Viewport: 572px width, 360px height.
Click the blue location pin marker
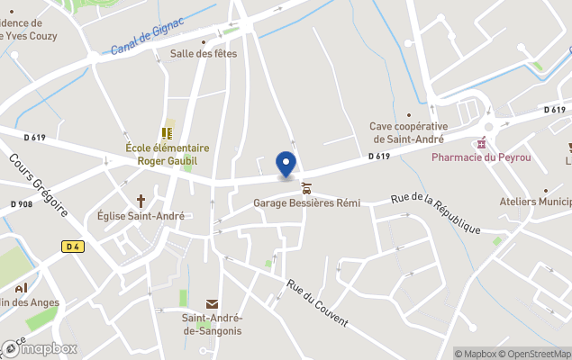[286, 165]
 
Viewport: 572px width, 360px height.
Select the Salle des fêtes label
[204, 53]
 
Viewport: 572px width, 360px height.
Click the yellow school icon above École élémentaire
[167, 132]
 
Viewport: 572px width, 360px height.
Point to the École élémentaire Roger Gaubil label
[167, 154]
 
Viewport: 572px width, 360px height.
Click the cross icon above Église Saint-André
[141, 201]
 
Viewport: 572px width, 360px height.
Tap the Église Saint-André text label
[141, 216]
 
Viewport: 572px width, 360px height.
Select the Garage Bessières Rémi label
[306, 203]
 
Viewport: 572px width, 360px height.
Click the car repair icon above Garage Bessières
[307, 188]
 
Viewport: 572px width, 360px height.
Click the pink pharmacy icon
[481, 143]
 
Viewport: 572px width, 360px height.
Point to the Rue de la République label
[435, 214]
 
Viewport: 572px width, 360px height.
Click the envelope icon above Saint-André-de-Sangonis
[213, 305]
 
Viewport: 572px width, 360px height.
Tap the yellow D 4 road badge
[73, 246]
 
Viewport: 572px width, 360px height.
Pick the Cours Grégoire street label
[39, 185]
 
